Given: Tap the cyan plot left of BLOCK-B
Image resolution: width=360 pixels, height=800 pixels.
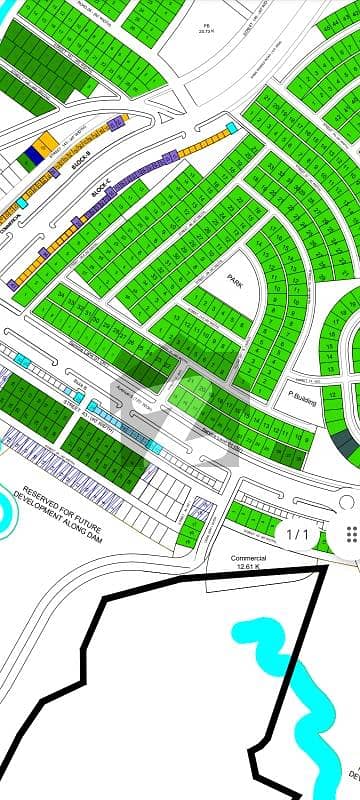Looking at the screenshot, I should point(22,203).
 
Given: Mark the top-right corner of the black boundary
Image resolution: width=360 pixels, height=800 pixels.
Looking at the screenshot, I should point(327,569).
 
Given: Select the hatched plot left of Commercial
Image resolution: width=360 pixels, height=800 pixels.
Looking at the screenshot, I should point(200,509).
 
